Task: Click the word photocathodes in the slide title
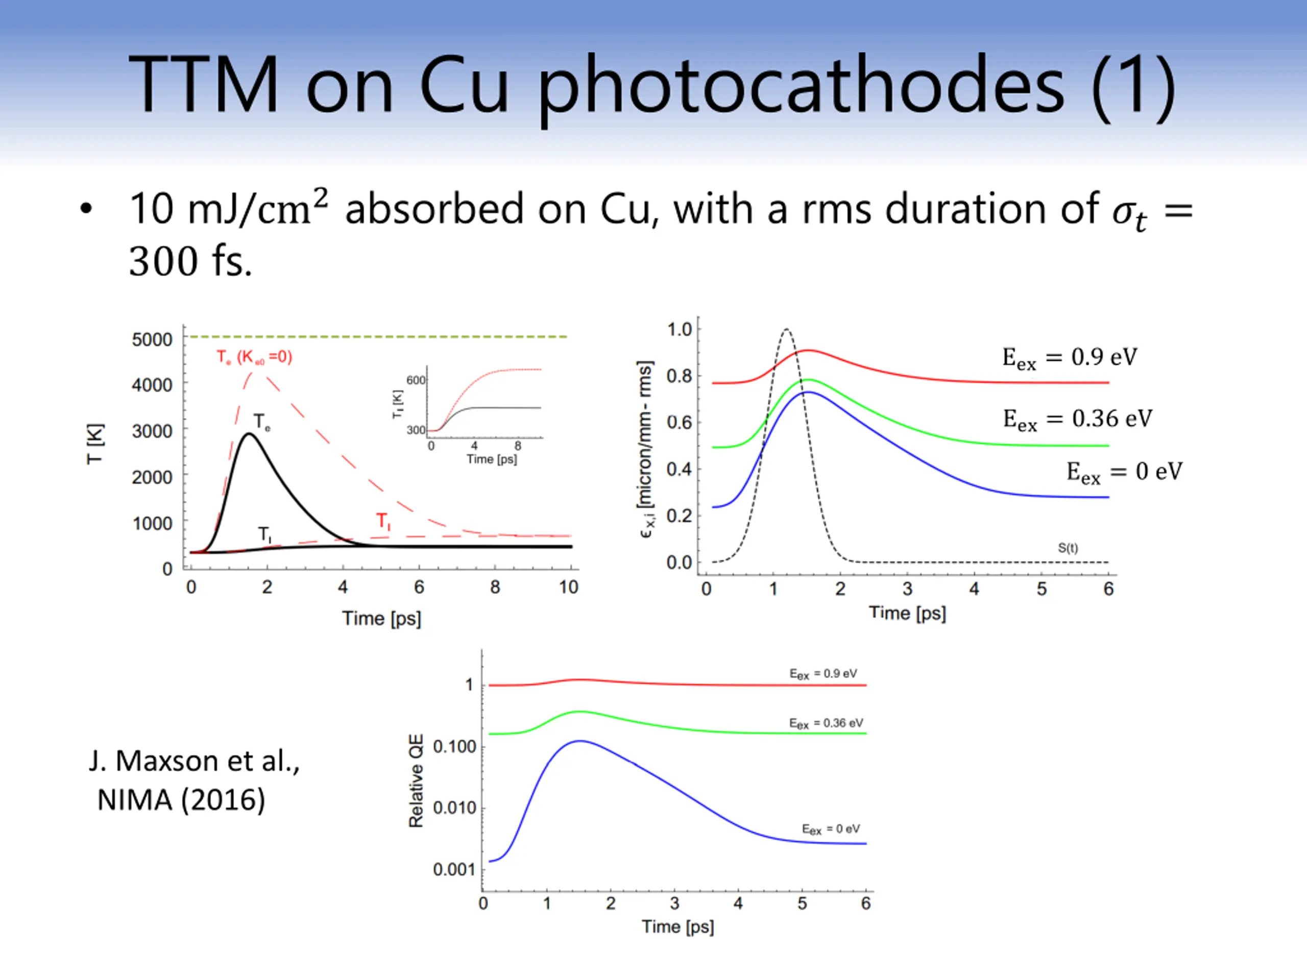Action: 801,86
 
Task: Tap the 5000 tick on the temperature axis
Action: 152,339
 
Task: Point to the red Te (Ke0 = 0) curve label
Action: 254,357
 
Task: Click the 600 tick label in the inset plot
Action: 416,380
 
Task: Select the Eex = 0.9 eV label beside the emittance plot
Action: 1069,358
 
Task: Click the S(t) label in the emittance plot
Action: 1067,548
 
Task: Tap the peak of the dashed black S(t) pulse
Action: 786,329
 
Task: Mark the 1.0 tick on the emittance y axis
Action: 679,329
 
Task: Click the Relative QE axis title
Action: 416,780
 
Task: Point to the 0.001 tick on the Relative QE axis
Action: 454,870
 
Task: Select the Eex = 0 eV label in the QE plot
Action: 830,829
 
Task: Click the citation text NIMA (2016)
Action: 181,800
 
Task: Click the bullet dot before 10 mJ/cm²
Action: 86,209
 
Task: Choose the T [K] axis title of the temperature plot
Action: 95,444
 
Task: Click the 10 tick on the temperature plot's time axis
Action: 568,587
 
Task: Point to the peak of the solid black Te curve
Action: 249,434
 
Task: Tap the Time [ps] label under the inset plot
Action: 492,459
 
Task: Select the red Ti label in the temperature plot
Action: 383,521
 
